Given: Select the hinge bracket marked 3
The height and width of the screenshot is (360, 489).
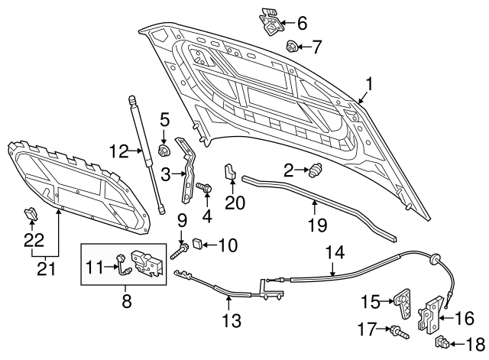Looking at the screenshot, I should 186,168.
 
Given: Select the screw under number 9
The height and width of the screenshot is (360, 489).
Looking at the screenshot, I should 180,250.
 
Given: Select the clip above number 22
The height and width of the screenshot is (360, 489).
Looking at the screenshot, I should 31,213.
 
